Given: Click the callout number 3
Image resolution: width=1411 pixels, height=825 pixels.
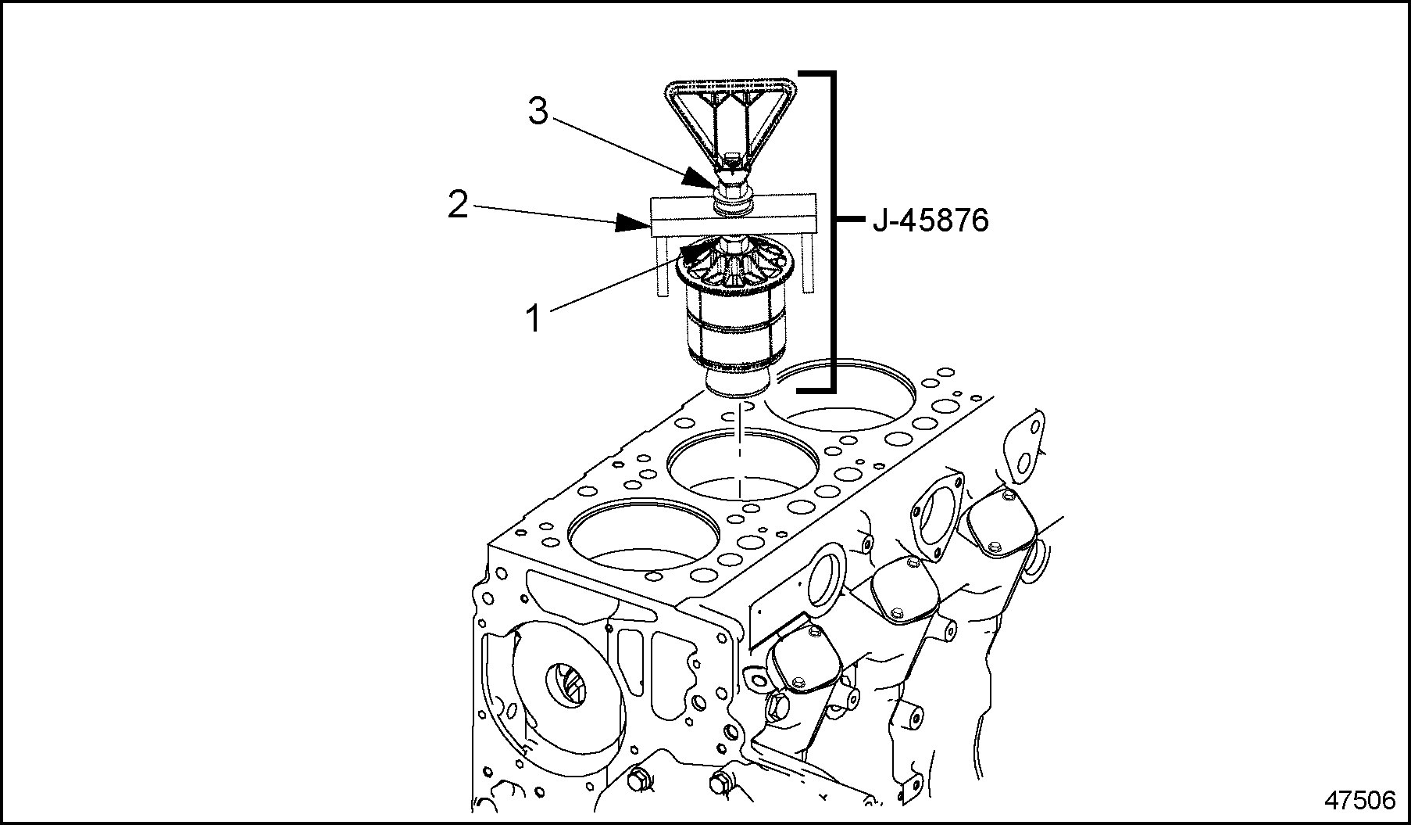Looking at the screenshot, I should click(538, 113).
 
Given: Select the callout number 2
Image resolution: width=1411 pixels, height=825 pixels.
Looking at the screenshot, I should click(458, 206).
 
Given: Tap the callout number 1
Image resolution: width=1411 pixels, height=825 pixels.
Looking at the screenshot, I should click(534, 318).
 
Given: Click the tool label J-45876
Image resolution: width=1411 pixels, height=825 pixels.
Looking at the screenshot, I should click(931, 221).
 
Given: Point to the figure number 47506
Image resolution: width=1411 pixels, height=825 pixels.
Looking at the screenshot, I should click(1359, 800).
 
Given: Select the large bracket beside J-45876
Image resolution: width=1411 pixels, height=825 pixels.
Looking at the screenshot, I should click(832, 231).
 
